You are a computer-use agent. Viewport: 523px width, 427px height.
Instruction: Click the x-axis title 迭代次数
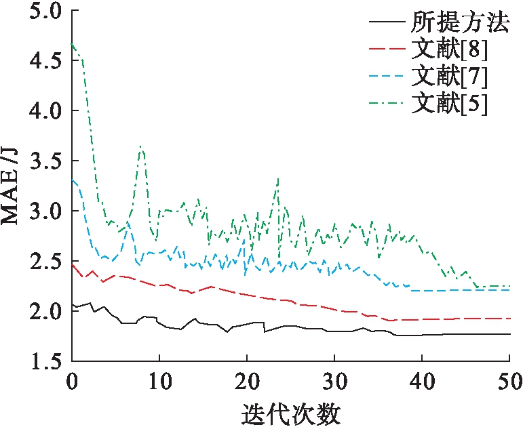(x=290, y=412)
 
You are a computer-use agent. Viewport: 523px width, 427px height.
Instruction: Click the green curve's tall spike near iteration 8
(x=140, y=147)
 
